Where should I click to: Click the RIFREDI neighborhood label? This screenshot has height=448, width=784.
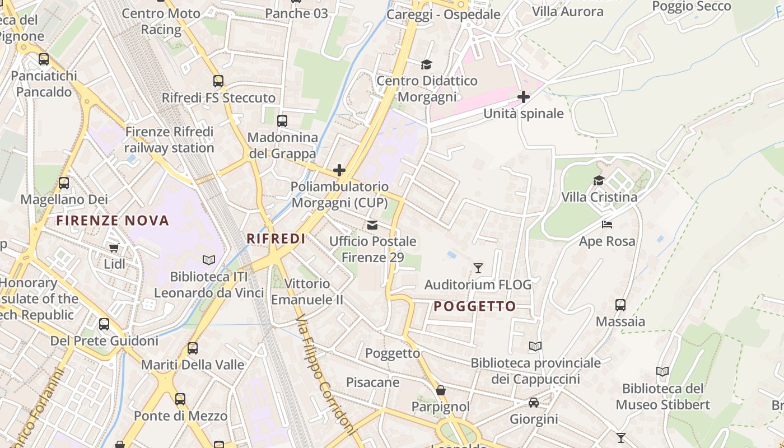coord(276,239)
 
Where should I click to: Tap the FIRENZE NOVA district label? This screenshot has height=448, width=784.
coord(113,221)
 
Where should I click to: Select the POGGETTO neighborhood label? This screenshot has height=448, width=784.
coord(475,306)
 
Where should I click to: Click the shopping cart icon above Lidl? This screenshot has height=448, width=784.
coord(114,248)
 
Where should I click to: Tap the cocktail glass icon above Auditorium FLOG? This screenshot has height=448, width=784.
coord(478,268)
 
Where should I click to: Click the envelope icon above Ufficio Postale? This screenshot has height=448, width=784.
coord(372,225)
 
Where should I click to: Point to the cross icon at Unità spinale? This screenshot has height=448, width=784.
coord(523,97)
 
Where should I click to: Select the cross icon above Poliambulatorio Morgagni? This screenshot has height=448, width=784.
coord(339,170)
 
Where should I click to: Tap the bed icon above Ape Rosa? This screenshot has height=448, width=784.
coord(607,225)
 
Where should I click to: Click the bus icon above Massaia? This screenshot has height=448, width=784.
coord(620,305)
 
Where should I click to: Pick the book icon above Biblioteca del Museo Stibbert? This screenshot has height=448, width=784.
coord(662,372)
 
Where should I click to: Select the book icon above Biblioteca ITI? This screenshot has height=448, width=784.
coord(209,260)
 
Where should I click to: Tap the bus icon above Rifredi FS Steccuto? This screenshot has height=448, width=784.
coord(218,81)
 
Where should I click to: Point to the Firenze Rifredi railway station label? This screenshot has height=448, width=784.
coord(169,140)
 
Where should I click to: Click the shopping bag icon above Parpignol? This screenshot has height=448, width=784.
coord(441,390)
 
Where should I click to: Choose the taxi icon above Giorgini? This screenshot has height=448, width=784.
coord(534,403)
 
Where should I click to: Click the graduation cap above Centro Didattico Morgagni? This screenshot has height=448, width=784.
coord(427,64)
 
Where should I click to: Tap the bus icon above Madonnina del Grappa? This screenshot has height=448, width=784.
coord(282,121)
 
